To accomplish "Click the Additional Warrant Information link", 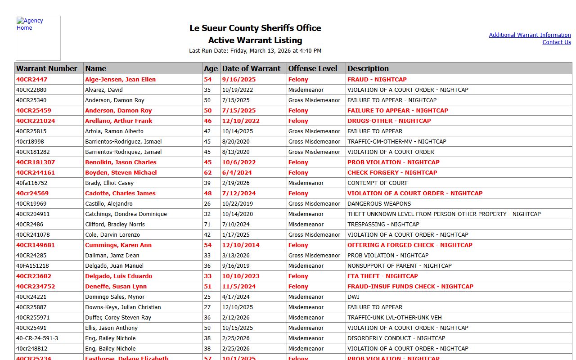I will click(530, 35).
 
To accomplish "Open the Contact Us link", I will click(556, 42).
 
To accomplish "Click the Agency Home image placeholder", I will click(38, 38).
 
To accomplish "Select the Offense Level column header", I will click(313, 68).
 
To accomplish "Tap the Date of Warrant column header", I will click(251, 68).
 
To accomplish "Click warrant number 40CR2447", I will click(32, 80).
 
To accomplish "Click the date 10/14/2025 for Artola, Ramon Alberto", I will click(237, 131).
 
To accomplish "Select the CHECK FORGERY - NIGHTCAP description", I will click(392, 173).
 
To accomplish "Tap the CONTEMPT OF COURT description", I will click(377, 183).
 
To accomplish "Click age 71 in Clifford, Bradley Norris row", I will click(207, 225).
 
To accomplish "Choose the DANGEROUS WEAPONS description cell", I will click(379, 204).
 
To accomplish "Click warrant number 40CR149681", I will click(36, 245).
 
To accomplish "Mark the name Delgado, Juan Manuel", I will click(114, 266).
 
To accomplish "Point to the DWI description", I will click(353, 297).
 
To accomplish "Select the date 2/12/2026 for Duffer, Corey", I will click(236, 318).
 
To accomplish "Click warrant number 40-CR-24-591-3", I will click(37, 338).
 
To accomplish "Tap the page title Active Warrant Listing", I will click(255, 40).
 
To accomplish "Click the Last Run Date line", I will click(255, 51).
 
